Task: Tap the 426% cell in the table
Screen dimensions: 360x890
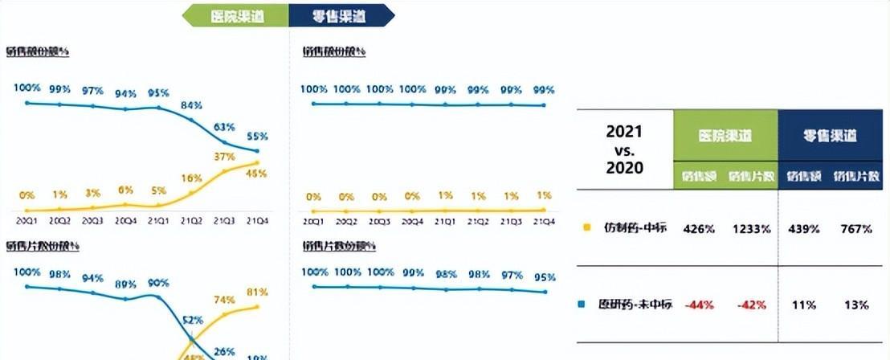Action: pos(699,229)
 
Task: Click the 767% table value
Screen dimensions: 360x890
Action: pos(856,229)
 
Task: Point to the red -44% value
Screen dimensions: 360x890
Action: pos(699,305)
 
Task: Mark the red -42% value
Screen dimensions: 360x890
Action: pos(750,305)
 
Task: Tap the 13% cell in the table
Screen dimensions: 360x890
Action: pos(856,305)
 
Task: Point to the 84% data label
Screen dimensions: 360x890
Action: pos(191,105)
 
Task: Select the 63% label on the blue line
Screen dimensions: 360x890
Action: pos(224,127)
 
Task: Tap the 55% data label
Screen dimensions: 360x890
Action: pos(257,136)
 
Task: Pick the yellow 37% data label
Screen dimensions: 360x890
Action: pos(224,156)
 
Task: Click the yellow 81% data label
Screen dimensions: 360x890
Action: pos(257,292)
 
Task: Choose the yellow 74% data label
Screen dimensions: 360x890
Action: pos(224,300)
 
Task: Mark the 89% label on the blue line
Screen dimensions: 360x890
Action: pos(125,284)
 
